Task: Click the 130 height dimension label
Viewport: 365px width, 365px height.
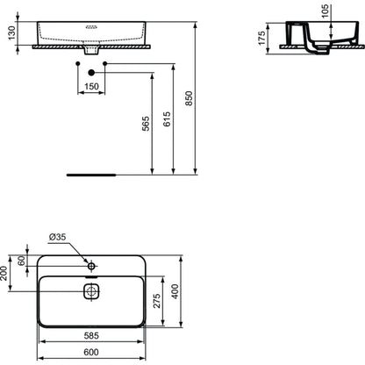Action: tap(11, 32)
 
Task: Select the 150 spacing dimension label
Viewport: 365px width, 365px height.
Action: tap(91, 87)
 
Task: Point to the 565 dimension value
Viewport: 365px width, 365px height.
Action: tap(146, 124)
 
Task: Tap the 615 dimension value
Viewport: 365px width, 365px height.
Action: tap(167, 118)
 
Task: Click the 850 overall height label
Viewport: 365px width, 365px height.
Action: tap(190, 98)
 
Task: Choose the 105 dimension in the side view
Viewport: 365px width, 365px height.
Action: tap(325, 11)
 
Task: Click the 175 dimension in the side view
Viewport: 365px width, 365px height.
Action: tap(261, 38)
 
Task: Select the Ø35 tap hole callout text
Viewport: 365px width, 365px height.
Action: tap(58, 237)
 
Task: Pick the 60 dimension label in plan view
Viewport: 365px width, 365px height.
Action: tap(21, 261)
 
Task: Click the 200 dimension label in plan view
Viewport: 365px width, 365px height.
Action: tap(4, 273)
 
